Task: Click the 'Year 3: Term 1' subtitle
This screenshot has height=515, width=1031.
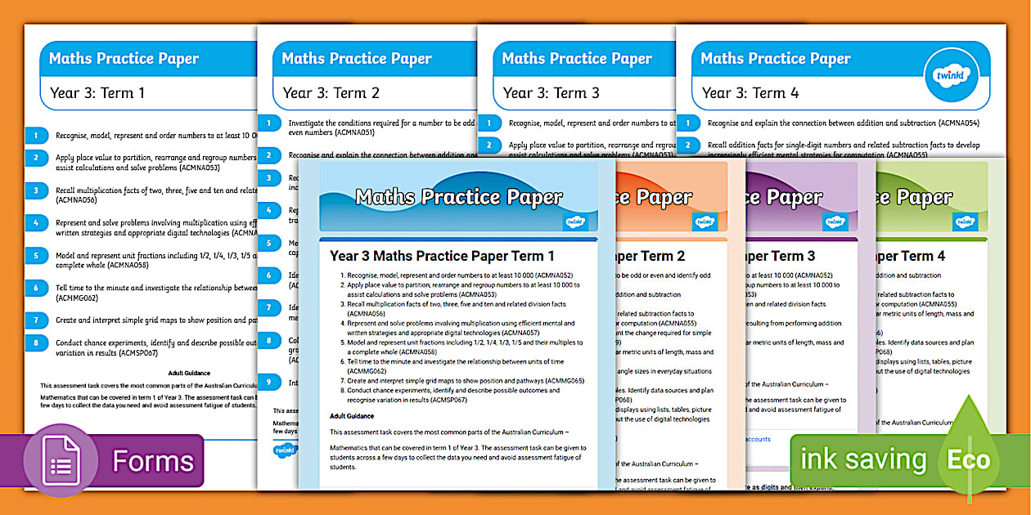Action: click(x=97, y=92)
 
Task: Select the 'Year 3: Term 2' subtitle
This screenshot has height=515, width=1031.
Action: click(x=331, y=92)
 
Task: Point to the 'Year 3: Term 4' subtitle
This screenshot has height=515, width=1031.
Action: click(x=750, y=92)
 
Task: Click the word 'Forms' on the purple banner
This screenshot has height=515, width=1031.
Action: click(x=153, y=461)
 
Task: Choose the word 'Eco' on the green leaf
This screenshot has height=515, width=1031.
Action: click(x=969, y=460)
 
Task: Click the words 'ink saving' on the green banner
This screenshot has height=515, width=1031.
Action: click(x=861, y=460)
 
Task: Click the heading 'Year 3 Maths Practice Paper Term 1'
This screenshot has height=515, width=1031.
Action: click(x=442, y=256)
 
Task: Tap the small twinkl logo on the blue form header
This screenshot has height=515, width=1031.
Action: click(x=574, y=222)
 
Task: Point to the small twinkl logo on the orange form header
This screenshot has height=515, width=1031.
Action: click(x=705, y=222)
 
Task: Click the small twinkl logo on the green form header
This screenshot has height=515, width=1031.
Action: click(x=965, y=222)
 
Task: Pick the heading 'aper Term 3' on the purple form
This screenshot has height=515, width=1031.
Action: click(x=777, y=256)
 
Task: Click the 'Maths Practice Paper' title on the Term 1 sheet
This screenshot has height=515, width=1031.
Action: click(x=124, y=58)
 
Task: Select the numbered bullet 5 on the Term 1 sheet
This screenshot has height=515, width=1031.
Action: click(x=36, y=255)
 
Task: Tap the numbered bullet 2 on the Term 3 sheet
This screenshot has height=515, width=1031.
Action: click(x=489, y=146)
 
